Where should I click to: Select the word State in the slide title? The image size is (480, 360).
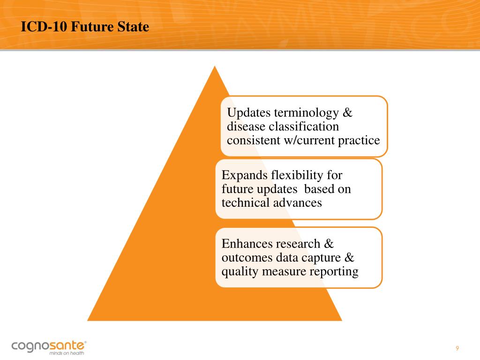pos(134,27)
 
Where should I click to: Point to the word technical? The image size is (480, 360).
pos(243,202)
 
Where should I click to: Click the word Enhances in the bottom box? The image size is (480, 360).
pos(246,244)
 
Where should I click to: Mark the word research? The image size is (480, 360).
pos(299,244)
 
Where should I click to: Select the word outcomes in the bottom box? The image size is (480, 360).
pos(247,257)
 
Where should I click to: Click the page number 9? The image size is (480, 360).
pos(457,348)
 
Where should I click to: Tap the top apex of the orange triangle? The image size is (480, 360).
pos(215,67)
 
